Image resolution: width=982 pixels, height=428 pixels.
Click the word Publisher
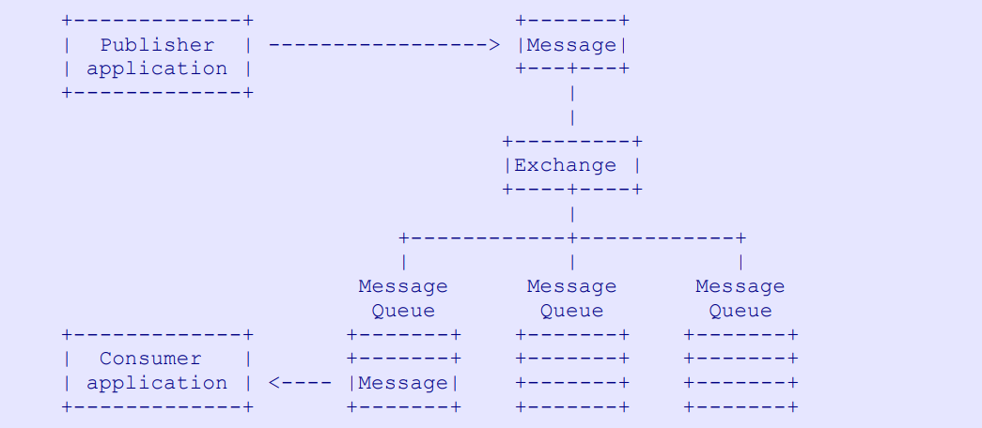157,45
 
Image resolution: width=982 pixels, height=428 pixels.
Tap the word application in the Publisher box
157,69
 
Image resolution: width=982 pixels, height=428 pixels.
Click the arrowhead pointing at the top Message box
494,45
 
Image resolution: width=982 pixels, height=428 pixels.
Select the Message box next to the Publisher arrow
571,45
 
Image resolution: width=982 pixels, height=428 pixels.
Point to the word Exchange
565,165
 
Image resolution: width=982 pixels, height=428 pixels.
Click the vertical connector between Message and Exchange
571,105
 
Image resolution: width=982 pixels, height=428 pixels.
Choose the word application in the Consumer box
157,383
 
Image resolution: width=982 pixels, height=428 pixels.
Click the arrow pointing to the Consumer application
275,383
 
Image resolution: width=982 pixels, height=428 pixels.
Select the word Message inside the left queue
403,383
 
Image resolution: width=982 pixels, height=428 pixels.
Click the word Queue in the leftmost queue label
403,311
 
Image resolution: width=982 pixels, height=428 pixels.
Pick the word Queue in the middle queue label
571,311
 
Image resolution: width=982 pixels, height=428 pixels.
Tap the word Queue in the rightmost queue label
740,311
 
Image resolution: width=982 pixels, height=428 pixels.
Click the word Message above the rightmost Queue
740,286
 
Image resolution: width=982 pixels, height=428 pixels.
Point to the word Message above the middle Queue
571,286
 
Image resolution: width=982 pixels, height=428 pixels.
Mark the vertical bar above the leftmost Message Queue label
403,262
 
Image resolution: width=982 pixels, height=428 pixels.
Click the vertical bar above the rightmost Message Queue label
740,262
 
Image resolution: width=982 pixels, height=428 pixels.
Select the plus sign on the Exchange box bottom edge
571,190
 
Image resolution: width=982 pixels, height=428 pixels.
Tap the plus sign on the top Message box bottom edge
571,69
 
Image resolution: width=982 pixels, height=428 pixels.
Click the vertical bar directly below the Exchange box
571,213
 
